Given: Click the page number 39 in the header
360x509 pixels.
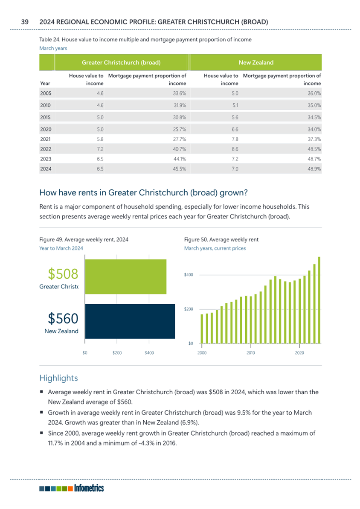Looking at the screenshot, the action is [25, 22].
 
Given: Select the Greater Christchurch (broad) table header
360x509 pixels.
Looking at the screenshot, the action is [121, 62].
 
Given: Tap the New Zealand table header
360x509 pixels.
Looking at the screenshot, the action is [256, 62].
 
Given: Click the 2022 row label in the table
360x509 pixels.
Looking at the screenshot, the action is [46, 149].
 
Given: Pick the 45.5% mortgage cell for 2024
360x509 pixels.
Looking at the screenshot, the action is [180, 169].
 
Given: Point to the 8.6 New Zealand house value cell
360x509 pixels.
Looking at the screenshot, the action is [235, 149].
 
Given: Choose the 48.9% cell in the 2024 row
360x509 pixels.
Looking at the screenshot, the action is [314, 169].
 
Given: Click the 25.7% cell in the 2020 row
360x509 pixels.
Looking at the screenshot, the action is [180, 129].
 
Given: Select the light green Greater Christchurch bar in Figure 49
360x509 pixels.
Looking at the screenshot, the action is [126, 276].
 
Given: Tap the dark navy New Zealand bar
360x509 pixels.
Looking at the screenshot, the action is [130, 321].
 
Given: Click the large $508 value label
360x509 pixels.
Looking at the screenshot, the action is [63, 273].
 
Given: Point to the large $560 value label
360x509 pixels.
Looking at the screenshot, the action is [63, 318].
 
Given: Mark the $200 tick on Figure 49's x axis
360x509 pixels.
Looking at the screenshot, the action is [117, 352].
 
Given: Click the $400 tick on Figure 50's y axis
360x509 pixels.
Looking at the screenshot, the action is [189, 275].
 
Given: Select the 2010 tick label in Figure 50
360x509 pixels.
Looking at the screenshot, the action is [251, 352].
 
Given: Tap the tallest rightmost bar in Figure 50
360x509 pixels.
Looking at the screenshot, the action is [319, 300].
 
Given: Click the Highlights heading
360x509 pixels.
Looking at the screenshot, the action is [58, 378].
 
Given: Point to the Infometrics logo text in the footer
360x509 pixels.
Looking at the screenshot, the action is [89, 488].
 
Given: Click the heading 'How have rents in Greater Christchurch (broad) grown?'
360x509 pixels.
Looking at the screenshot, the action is [143, 193].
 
